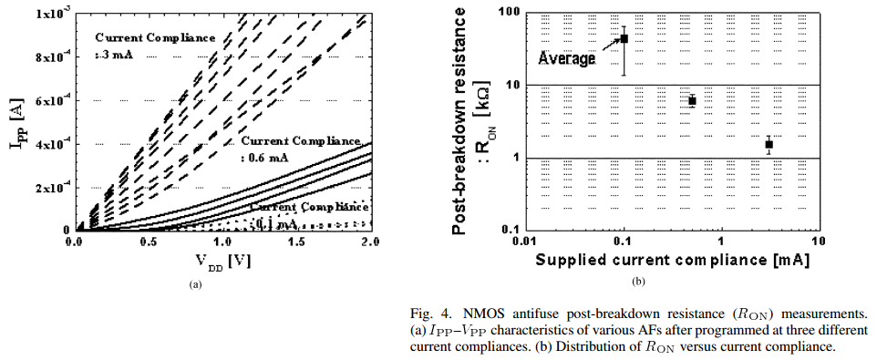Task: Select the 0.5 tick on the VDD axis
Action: point(149,243)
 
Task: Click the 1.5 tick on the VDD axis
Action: point(297,243)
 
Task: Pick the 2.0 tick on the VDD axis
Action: point(370,243)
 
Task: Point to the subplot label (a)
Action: point(194,284)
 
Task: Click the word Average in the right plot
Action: point(566,58)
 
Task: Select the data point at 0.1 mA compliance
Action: point(624,38)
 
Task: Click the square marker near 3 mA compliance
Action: point(769,144)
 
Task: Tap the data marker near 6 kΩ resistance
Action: point(692,100)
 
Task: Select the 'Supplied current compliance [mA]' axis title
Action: point(673,259)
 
